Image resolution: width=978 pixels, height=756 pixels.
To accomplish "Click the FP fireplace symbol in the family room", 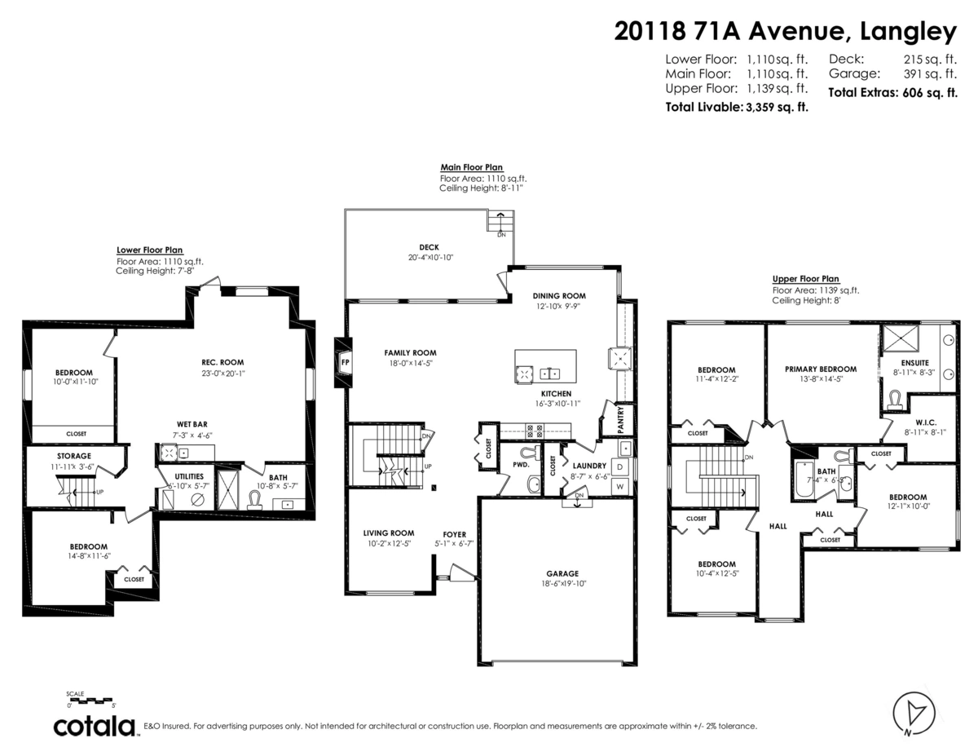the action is tap(344, 362).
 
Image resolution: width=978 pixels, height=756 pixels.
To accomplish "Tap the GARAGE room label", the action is tap(562, 573).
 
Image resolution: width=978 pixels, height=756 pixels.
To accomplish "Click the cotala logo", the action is tap(95, 727).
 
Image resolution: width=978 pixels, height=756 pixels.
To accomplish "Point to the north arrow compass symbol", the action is tap(914, 714).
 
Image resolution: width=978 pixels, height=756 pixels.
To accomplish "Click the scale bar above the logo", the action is tap(91, 701).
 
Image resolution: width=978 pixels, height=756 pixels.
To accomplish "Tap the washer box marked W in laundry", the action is tap(619, 487).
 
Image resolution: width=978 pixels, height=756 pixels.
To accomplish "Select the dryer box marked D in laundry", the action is tap(619, 467).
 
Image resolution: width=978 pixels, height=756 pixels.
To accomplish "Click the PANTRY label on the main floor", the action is tap(621, 420).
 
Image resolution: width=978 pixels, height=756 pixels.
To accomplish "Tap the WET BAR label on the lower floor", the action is tap(192, 424).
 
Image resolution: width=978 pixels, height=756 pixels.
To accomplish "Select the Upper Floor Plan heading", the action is tap(805, 279).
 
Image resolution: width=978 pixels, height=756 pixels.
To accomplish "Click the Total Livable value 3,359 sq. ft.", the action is tap(777, 108).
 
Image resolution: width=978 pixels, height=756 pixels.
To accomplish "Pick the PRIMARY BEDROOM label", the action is tap(821, 369).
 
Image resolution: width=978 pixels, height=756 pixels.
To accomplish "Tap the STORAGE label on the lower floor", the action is tap(74, 456).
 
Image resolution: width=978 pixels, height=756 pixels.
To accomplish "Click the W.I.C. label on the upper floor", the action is tap(926, 422).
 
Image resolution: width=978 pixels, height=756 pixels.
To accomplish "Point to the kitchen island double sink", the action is tap(549, 374).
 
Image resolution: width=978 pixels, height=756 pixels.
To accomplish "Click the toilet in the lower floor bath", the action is tap(256, 500).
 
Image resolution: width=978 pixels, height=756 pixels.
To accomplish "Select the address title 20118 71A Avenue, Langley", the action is tap(786, 32).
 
